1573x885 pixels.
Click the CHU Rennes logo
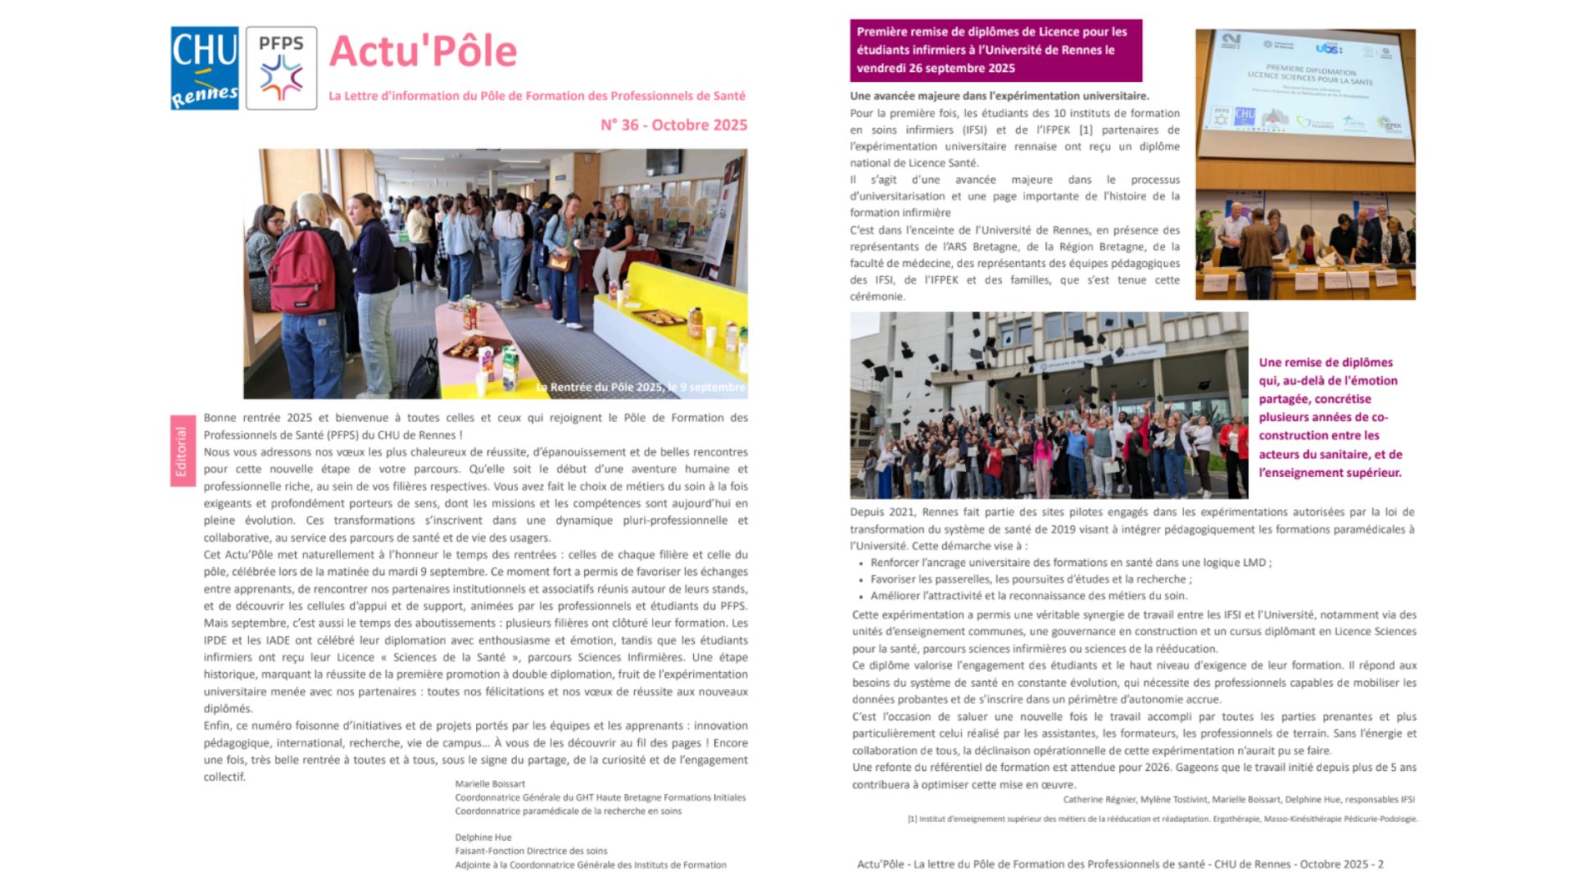pyautogui.click(x=204, y=68)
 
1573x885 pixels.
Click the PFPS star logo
pyautogui.click(x=281, y=68)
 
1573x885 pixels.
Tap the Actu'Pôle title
pyautogui.click(x=423, y=52)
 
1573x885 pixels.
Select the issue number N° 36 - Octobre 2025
pyautogui.click(x=673, y=125)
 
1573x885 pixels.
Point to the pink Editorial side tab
pyautogui.click(x=182, y=451)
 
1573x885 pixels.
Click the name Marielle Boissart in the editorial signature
pyautogui.click(x=490, y=784)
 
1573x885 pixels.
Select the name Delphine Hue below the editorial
pyautogui.click(x=483, y=837)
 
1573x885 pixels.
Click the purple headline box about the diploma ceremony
pyautogui.click(x=995, y=50)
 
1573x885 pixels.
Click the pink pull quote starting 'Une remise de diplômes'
pyautogui.click(x=1330, y=417)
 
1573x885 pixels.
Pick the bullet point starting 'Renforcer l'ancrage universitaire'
pyautogui.click(x=1071, y=563)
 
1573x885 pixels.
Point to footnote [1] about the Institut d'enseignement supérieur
pyautogui.click(x=1162, y=819)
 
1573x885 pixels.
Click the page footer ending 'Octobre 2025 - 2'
pyautogui.click(x=1120, y=864)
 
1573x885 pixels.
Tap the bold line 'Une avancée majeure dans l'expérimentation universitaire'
pyautogui.click(x=1000, y=96)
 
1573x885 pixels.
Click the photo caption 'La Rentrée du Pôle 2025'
pyautogui.click(x=641, y=387)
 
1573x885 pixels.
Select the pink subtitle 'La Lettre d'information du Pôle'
pyautogui.click(x=537, y=96)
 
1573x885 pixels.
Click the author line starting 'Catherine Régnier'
pyautogui.click(x=1239, y=799)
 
